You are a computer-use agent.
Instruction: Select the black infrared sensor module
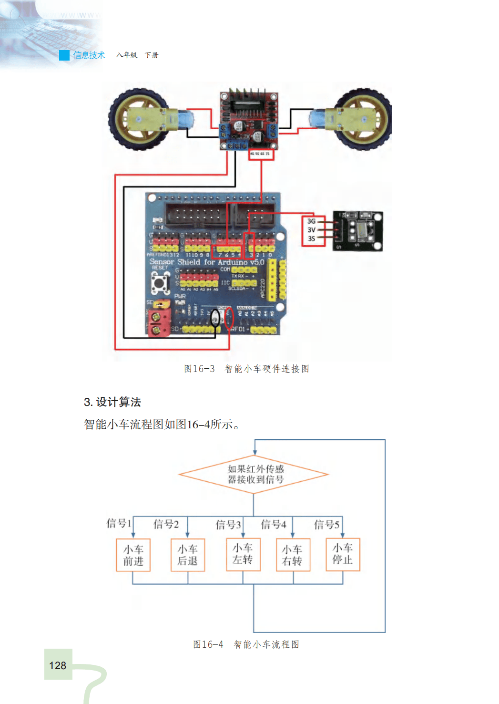coord(357,231)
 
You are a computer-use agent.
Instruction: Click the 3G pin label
coord(311,221)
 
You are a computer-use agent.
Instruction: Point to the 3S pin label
coord(311,238)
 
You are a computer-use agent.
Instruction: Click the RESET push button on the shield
coord(160,283)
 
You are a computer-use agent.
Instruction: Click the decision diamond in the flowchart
coord(254,474)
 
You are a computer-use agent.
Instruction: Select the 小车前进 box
coord(133,555)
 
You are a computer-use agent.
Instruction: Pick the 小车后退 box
coord(188,555)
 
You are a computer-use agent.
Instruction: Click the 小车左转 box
coord(243,554)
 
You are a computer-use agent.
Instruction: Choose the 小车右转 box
coord(293,555)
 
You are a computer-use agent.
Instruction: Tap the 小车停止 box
coord(343,554)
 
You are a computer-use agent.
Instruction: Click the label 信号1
coord(119,523)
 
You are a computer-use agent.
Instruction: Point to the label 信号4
coord(274,525)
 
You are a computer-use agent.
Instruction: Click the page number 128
coord(58,665)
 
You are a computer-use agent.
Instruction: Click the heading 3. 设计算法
coord(112,402)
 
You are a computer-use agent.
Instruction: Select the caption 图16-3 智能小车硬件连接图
coord(247,369)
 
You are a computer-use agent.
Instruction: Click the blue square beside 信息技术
coord(64,55)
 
